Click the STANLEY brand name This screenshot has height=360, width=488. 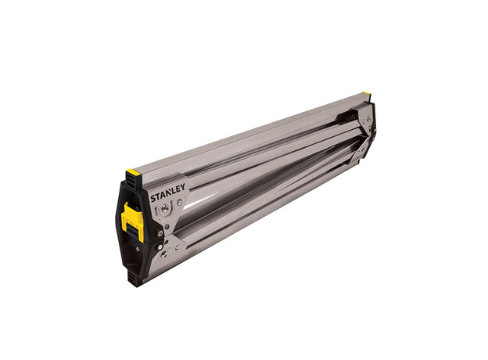pyautogui.click(x=168, y=193)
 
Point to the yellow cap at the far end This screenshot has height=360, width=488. pyautogui.click(x=366, y=93)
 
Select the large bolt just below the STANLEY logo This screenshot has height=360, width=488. pyautogui.click(x=166, y=208)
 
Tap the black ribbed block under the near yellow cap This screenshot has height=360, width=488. pyautogui.click(x=134, y=182)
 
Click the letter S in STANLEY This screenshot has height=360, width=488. pyautogui.click(x=152, y=198)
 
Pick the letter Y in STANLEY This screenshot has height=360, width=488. pyautogui.click(x=182, y=188)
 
